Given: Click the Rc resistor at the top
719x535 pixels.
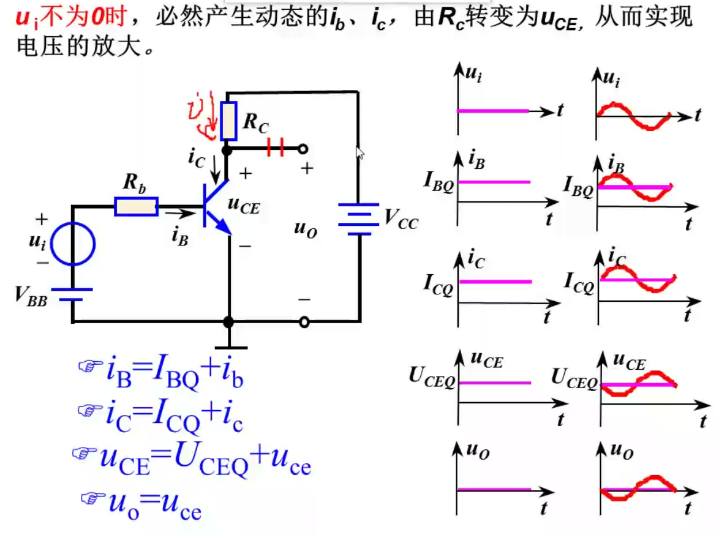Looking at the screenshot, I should [228, 121].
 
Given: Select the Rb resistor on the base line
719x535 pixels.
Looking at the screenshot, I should [136, 207].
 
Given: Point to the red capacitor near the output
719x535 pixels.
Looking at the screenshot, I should [276, 148].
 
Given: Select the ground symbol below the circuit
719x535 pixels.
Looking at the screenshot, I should [228, 346].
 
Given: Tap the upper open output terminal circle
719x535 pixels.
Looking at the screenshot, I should [303, 148].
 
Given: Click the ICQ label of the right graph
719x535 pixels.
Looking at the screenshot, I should [579, 283].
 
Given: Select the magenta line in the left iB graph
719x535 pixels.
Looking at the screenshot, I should [494, 182].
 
